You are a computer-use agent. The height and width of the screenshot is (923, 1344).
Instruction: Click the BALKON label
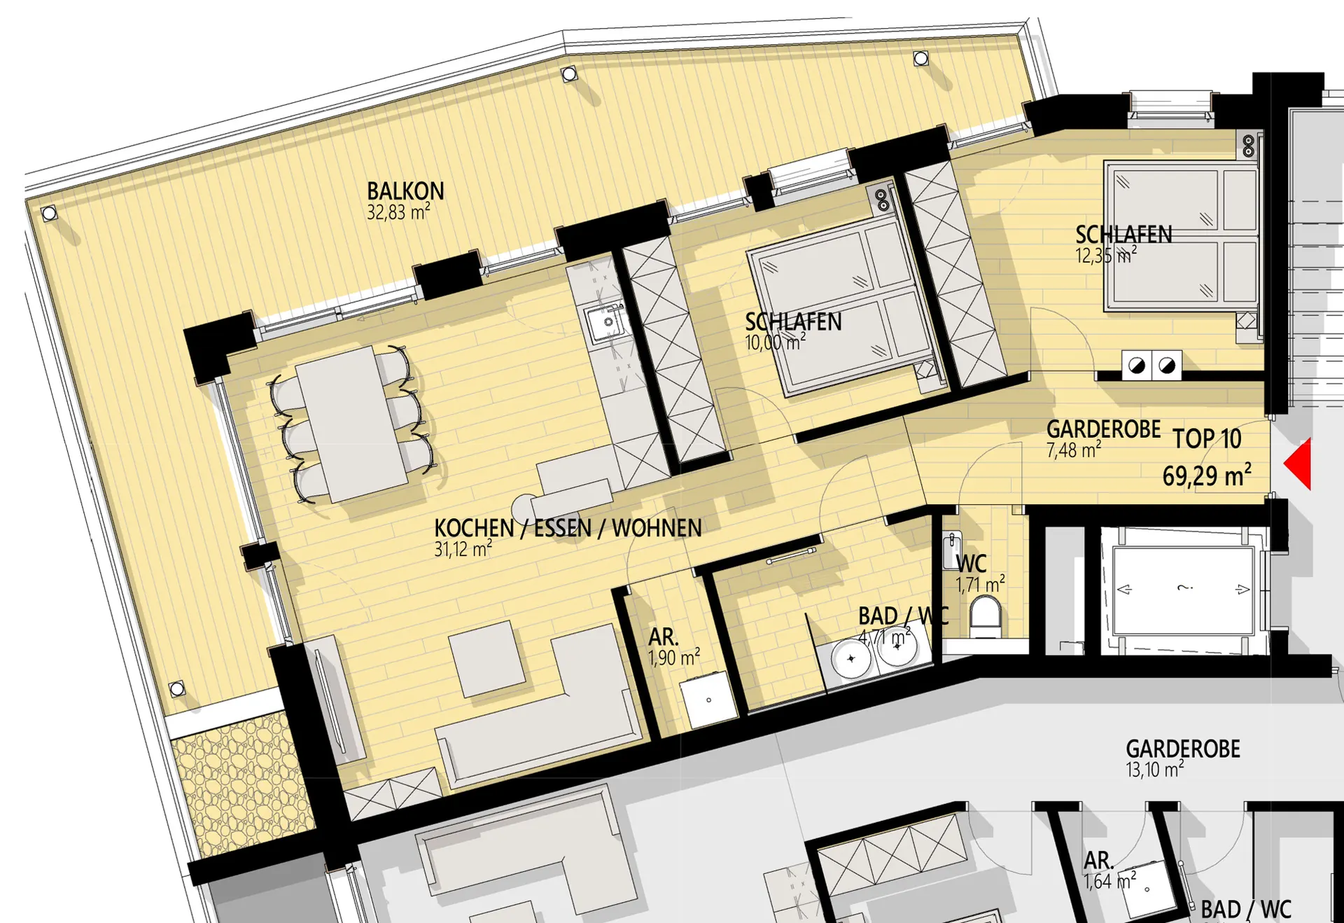point(405,191)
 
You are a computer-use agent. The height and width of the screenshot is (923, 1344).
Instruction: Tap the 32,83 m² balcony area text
point(398,212)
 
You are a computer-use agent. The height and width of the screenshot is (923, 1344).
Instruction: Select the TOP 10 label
point(1207,439)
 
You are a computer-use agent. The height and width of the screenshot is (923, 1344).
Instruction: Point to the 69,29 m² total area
point(1207,476)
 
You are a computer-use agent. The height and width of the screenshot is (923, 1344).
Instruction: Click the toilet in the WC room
point(985,616)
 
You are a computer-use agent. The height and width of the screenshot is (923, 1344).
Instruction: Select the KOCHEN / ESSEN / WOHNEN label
point(568,528)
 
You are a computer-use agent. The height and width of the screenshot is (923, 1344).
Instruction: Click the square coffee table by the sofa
point(487,659)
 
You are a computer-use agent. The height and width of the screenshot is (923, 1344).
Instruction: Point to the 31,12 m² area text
point(463,549)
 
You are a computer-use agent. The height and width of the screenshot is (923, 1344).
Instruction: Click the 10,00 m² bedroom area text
point(775,342)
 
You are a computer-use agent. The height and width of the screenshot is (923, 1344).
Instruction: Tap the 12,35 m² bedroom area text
point(1106,256)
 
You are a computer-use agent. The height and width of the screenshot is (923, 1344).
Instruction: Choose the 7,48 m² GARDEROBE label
point(1074,450)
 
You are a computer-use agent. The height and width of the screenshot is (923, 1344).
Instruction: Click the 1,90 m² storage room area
point(674,658)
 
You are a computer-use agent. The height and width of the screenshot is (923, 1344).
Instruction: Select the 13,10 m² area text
point(1155,770)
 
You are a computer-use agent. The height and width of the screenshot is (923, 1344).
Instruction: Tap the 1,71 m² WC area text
point(981,584)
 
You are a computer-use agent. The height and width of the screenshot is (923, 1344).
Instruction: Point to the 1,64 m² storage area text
point(1109,881)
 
